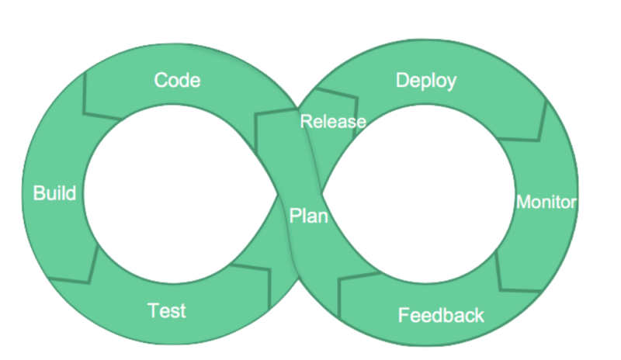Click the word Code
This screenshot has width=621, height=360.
(177, 80)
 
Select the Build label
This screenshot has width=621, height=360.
(54, 193)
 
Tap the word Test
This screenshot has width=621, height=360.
(167, 311)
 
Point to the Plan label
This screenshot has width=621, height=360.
(308, 216)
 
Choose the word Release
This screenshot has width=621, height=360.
(332, 122)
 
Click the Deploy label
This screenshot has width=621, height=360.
(425, 81)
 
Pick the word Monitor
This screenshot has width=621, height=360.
(546, 202)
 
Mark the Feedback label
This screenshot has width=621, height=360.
(441, 316)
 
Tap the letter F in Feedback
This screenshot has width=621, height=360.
(404, 316)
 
